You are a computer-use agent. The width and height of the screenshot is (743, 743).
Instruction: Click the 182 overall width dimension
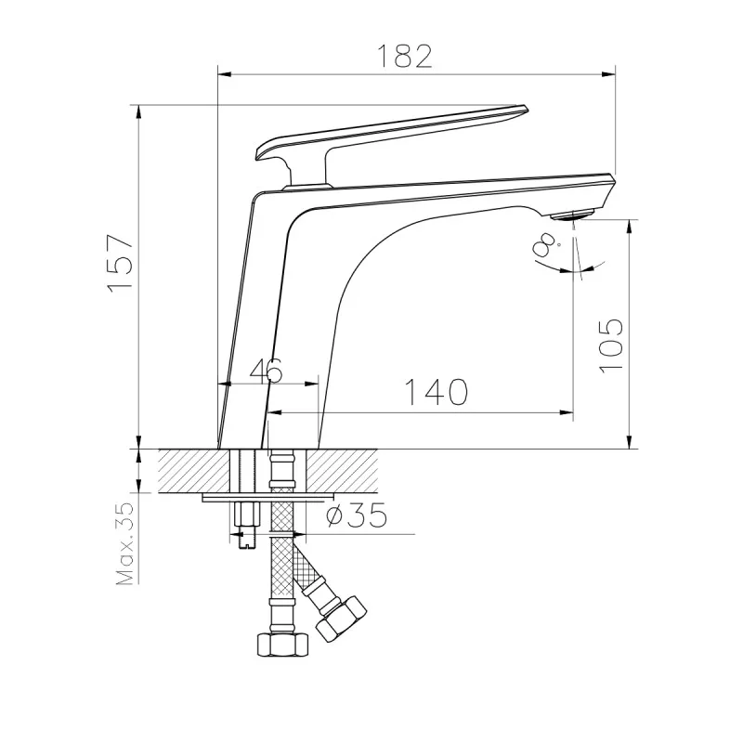pos(405,57)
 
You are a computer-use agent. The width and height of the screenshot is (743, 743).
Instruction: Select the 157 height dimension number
pos(121,264)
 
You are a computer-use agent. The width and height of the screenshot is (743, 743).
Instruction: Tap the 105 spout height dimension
pos(611,345)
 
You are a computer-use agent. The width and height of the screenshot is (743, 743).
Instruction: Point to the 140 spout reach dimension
pos(437,392)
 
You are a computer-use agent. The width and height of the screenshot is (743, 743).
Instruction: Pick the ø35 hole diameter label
pos(357,515)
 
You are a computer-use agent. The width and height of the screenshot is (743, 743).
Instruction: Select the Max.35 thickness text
pos(124,543)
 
